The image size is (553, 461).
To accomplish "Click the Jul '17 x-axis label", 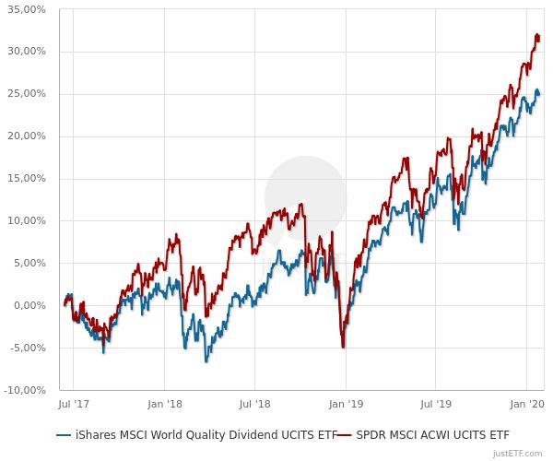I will [73, 404].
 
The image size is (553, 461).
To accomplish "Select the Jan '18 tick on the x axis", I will [164, 404].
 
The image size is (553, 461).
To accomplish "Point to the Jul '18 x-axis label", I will [254, 404].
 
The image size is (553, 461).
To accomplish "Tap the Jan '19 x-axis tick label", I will [346, 404].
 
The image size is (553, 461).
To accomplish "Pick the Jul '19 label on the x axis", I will [436, 404].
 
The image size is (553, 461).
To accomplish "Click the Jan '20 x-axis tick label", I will [526, 404].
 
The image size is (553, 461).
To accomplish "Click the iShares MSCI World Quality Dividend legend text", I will [203, 433].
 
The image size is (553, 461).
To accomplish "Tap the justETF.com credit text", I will [518, 453].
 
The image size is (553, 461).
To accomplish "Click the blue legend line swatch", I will [64, 433].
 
